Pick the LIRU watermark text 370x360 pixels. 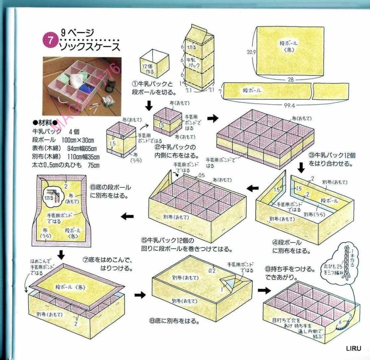click(x=352, y=348)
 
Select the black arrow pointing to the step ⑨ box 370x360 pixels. click(x=263, y=290)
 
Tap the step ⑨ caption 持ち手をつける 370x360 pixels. click(x=290, y=273)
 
